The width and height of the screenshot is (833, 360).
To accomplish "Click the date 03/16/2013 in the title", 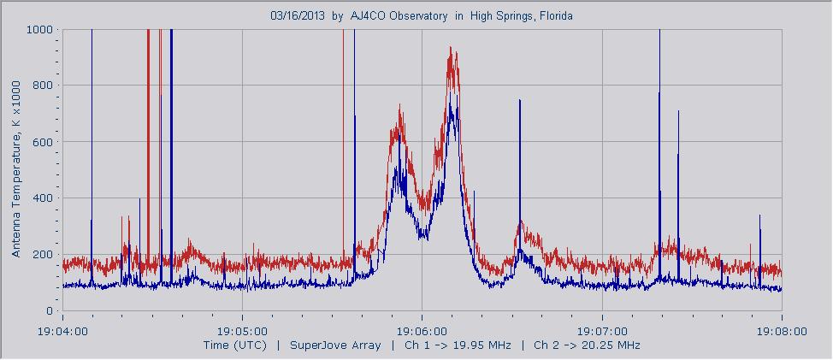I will (x=298, y=15).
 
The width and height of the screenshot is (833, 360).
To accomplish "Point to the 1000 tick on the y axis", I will (x=40, y=29).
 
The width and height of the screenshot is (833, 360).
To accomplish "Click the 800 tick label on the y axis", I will (x=44, y=86).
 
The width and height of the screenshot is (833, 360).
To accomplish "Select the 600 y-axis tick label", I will (x=44, y=142).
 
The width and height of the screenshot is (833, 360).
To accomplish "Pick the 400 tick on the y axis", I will (x=44, y=198).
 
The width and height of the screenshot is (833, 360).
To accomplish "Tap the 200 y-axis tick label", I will (x=44, y=255).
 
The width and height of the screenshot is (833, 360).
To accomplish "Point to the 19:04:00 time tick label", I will (x=62, y=330).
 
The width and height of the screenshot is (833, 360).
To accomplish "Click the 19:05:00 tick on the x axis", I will (x=242, y=330).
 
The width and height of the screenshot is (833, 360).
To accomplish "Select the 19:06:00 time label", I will (x=422, y=330).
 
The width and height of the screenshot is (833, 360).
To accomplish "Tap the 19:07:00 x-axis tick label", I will (x=602, y=330).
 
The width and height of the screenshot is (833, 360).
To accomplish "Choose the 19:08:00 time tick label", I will (x=782, y=330).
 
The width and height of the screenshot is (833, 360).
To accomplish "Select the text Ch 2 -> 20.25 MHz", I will (x=587, y=345).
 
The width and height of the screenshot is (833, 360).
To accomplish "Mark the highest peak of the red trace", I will (x=452, y=49).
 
